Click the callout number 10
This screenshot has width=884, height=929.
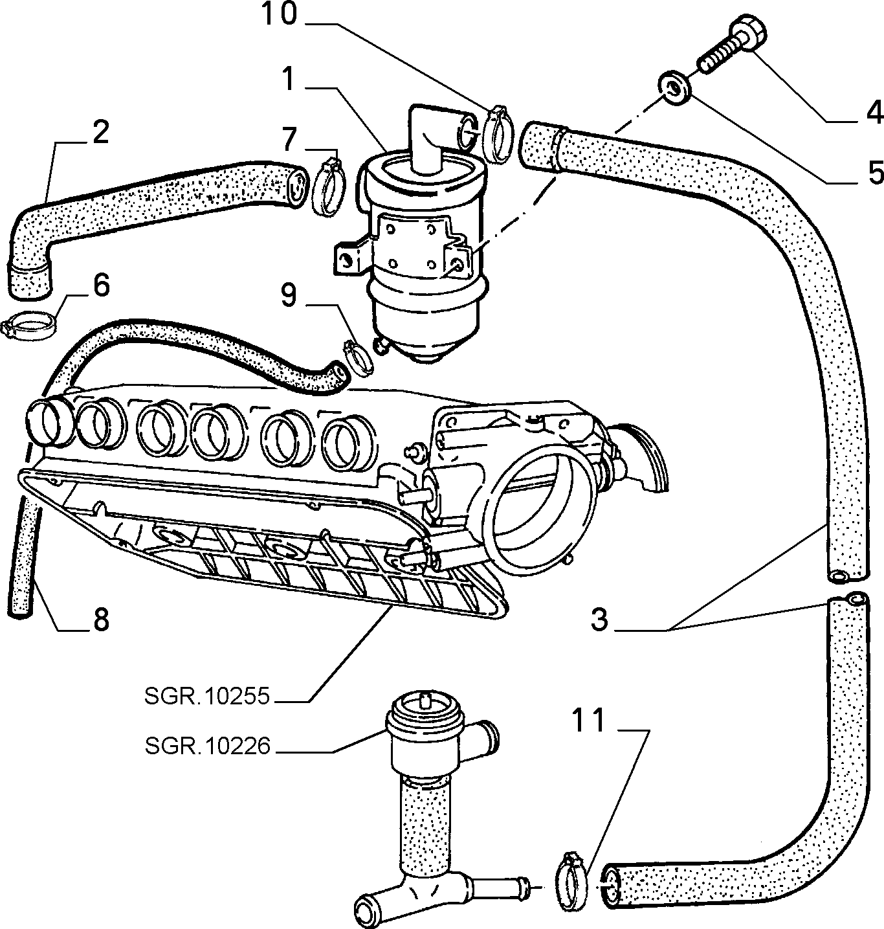point(279,14)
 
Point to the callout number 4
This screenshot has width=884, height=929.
point(874,113)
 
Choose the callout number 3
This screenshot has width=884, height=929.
point(599,620)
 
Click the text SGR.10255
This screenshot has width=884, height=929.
point(206,696)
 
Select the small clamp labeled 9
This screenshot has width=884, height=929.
point(359,355)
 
